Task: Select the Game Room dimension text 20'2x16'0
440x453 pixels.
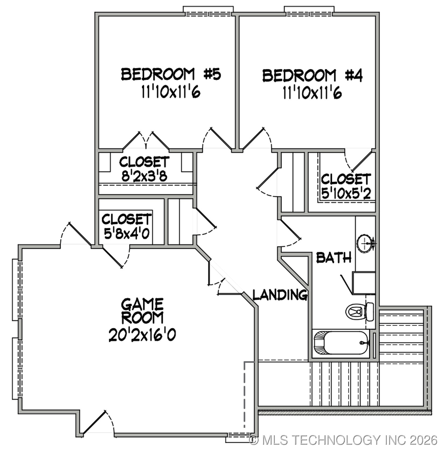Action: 142,335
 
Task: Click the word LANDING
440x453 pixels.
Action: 280,295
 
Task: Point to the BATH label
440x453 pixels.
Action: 334,258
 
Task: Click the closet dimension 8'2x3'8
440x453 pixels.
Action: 145,177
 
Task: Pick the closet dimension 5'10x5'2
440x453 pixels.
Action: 346,193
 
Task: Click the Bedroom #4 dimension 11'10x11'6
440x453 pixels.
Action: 312,94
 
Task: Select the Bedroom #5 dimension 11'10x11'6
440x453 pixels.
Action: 171,93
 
